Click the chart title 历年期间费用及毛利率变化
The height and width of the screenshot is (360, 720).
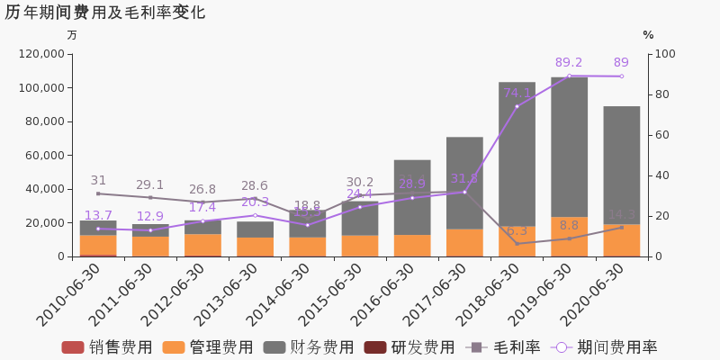tap(104, 13)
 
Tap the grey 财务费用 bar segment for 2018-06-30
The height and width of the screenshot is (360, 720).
tap(517, 154)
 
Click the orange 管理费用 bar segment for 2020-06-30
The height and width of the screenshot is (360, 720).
tap(621, 240)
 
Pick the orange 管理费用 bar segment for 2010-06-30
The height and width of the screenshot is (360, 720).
tap(98, 245)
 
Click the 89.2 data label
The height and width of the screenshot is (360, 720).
tap(569, 63)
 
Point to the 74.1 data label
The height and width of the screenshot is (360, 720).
tap(517, 93)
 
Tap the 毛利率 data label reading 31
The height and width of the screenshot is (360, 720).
tap(98, 180)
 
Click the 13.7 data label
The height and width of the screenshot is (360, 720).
tap(98, 216)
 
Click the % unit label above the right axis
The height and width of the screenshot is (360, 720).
tap(648, 35)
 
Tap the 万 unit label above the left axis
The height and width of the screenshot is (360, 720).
tap(72, 35)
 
